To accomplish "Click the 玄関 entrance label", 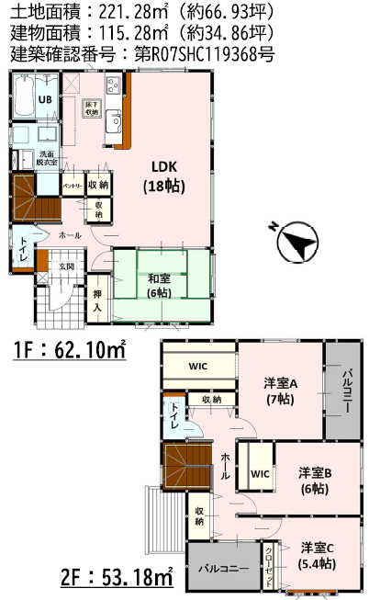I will [x=66, y=266].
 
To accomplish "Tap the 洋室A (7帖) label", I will [x=280, y=390].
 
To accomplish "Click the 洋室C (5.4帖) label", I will [x=317, y=557].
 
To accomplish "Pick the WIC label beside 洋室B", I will [x=259, y=474].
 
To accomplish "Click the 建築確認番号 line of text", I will [x=142, y=54].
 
